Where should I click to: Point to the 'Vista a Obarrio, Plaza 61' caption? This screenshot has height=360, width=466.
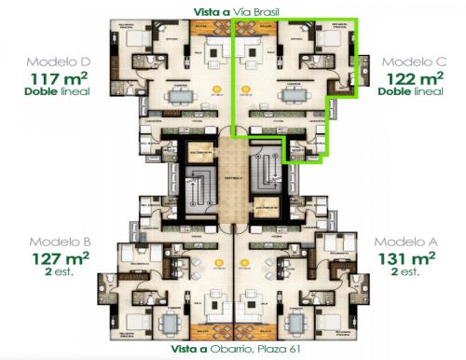click(233, 348)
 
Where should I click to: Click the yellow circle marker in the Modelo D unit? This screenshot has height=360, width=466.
click(216, 90)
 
